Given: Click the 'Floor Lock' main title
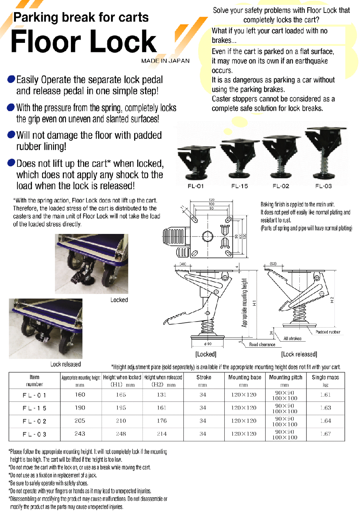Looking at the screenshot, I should pyautogui.click(x=83, y=41).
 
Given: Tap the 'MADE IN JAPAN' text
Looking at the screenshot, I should pyautogui.click(x=165, y=61).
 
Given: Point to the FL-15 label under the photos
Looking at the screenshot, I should pyautogui.click(x=239, y=186).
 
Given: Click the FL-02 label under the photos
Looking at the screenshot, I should pyautogui.click(x=281, y=186).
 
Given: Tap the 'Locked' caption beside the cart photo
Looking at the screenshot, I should pyautogui.click(x=119, y=300).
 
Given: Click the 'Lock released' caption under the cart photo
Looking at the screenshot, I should pyautogui.click(x=66, y=364).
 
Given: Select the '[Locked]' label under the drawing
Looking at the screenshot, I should pyautogui.click(x=206, y=354).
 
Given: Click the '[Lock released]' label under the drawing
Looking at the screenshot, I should pyautogui.click(x=299, y=354).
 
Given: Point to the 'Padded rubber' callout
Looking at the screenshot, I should pyautogui.click(x=328, y=332).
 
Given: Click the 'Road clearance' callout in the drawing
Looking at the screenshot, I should pyautogui.click(x=262, y=345).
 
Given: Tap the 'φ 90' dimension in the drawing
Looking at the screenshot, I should pyautogui.click(x=208, y=344).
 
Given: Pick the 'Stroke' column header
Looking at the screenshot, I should pyautogui.click(x=203, y=377).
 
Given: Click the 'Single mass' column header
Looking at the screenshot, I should pyautogui.click(x=325, y=377).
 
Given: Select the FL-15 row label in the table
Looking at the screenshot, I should pyautogui.click(x=34, y=408).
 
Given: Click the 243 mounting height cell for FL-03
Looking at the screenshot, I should pyautogui.click(x=80, y=434).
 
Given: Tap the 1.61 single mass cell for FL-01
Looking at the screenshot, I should pyautogui.click(x=325, y=395).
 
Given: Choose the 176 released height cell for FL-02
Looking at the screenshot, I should pyautogui.click(x=162, y=421).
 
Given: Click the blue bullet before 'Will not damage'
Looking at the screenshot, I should pyautogui.click(x=11, y=135).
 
